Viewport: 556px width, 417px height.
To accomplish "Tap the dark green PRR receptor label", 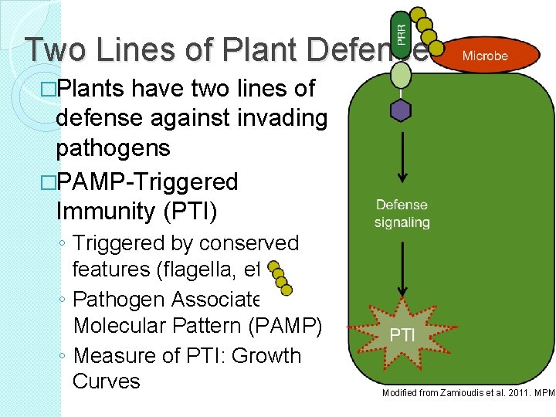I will coord(400,35).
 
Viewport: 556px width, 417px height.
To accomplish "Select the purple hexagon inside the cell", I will coord(400,110).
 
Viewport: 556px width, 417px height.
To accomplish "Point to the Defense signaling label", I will coord(402,213).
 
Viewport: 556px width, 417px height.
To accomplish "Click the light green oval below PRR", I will coord(400,75).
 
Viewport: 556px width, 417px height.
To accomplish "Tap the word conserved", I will coord(249,243).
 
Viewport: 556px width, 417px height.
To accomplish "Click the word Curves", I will coord(107,381).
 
